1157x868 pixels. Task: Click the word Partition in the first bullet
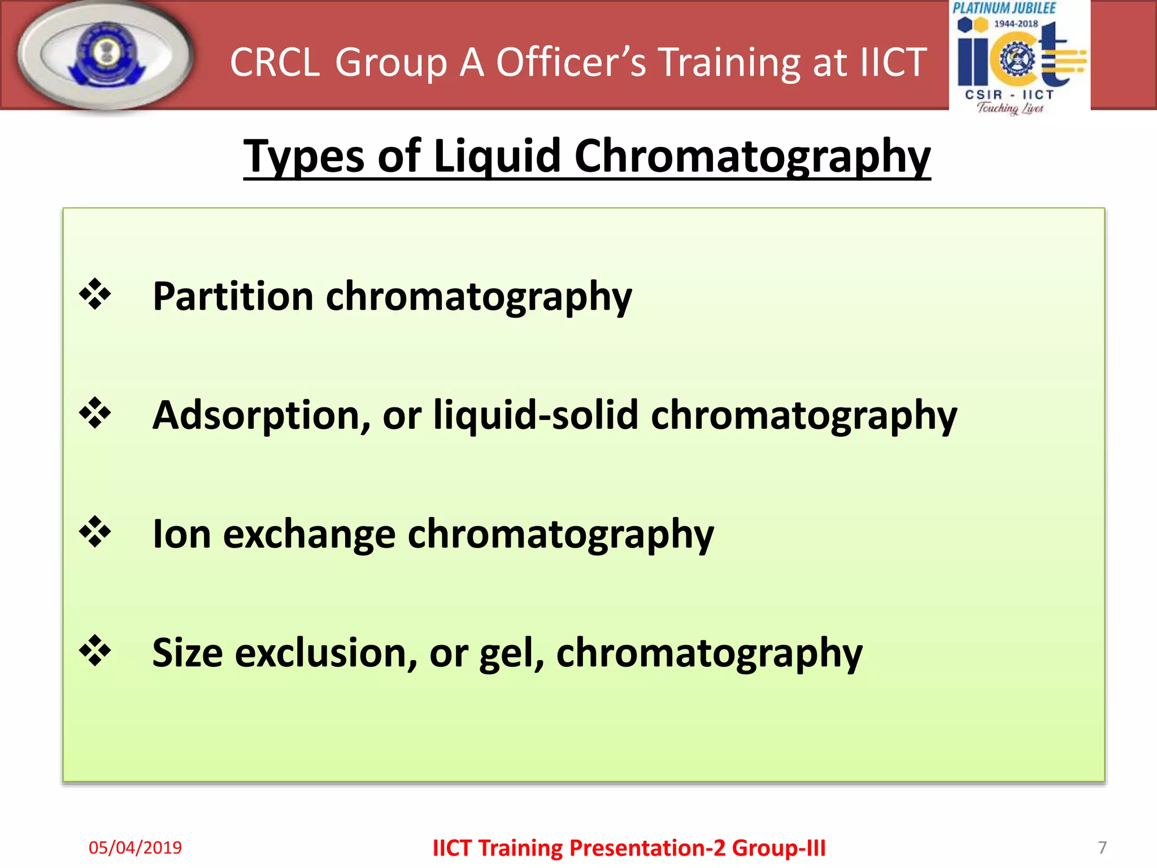pos(233,296)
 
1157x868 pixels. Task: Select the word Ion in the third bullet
pos(182,534)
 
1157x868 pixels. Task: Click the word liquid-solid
pos(536,415)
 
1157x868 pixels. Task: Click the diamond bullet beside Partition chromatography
pos(95,294)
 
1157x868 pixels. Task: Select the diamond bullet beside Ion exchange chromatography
pos(95,532)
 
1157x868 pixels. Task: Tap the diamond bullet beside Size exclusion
pos(95,650)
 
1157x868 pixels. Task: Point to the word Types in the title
pos(304,157)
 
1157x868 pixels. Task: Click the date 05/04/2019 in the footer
pos(135,848)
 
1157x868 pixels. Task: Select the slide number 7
pos(1102,848)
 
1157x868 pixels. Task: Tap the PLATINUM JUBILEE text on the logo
pos(1004,8)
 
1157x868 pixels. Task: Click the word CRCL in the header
pos(275,62)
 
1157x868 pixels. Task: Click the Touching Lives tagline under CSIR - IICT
pos(1010,108)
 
